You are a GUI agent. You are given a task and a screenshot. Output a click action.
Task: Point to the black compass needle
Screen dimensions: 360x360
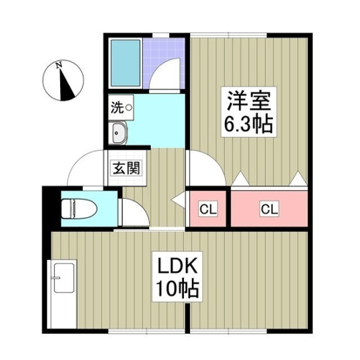tap(66, 85)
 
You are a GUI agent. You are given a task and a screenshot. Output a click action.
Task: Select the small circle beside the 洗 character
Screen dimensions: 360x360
tap(128, 109)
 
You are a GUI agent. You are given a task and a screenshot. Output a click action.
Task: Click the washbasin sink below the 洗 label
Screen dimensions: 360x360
tap(119, 132)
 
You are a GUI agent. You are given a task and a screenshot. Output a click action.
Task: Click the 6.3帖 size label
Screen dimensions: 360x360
tap(248, 124)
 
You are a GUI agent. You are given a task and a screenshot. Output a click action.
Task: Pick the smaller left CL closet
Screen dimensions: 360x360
tap(208, 208)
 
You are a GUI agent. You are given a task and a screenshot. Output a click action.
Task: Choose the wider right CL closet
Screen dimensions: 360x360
tap(269, 208)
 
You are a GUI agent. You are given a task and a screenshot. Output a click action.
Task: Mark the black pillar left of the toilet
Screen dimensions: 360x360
tap(47, 207)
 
